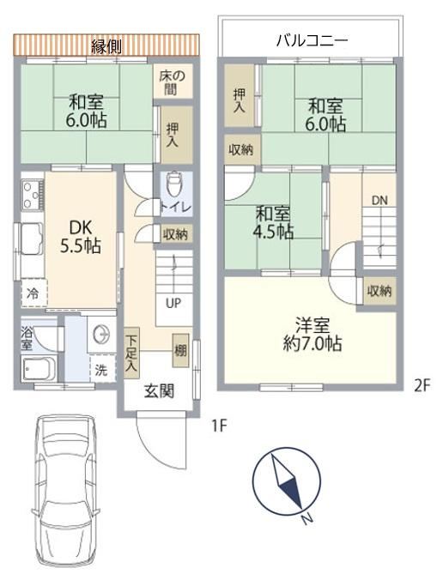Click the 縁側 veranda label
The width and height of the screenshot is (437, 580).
point(106,45)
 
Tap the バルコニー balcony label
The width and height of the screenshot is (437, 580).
point(312,39)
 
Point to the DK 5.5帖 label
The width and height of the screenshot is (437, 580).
point(81,237)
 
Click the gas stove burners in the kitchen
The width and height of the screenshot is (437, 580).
point(33,195)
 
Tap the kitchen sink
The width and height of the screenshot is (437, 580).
point(31,239)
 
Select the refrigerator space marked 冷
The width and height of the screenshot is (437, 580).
point(34,293)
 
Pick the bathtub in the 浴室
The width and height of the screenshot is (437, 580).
point(39,369)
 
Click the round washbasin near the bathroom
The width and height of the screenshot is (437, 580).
point(101,335)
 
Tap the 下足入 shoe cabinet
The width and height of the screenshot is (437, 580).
point(131,353)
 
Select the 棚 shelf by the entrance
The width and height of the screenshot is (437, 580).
point(180,350)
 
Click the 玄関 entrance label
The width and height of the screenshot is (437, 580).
point(159,391)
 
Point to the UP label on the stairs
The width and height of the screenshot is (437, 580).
point(173,304)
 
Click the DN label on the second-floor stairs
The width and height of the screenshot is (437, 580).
point(379,201)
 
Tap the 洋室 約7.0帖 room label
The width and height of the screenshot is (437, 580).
point(312,334)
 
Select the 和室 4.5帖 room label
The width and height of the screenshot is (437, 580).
point(273,223)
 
